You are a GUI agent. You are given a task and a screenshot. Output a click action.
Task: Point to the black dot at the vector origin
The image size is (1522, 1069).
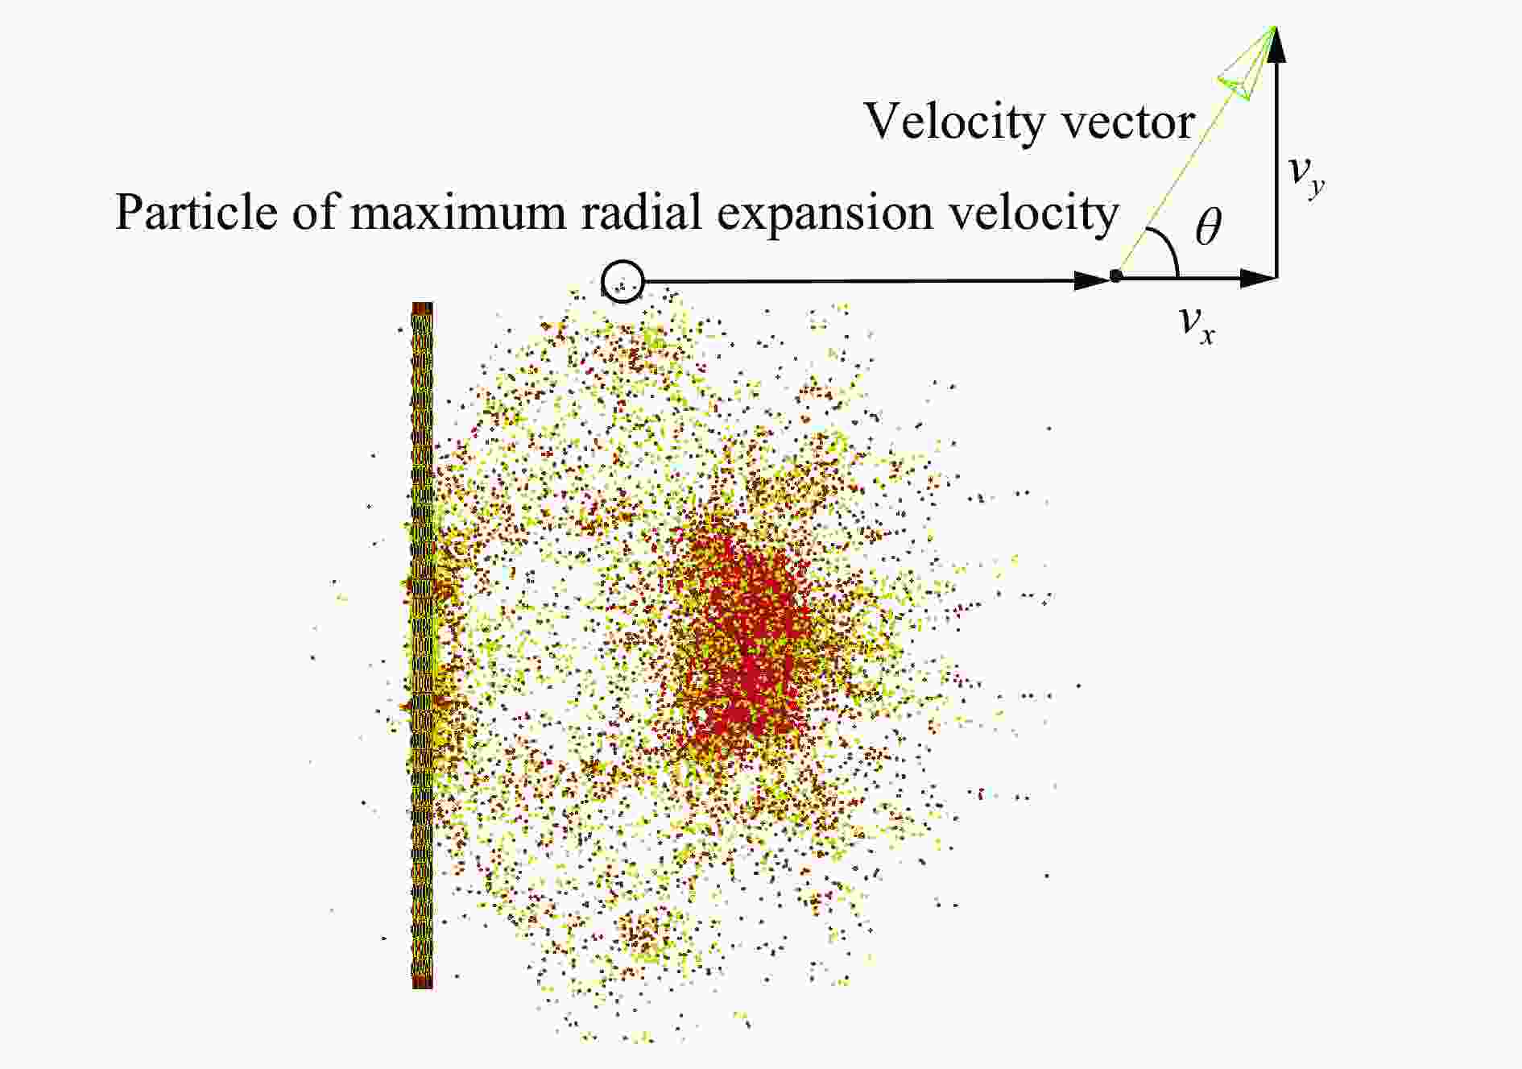click(1115, 276)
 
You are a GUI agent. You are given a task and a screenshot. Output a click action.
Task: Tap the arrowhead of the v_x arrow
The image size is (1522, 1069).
click(1259, 278)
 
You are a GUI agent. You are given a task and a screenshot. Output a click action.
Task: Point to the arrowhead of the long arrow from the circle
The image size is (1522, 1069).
click(1093, 281)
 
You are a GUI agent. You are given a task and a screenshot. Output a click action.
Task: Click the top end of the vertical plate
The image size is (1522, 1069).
click(423, 304)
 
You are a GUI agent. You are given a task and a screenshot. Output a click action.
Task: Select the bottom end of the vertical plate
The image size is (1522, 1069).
click(423, 987)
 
